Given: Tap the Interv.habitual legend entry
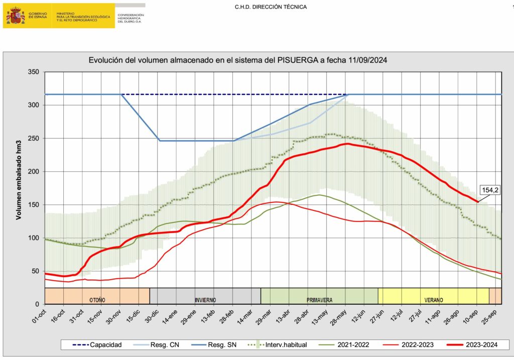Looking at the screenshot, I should pyautogui.click(x=284, y=345).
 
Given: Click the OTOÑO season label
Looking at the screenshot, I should pyautogui.click(x=97, y=300).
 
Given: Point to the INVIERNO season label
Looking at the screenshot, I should pyautogui.click(x=205, y=300).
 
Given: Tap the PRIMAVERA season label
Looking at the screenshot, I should pyautogui.click(x=319, y=300).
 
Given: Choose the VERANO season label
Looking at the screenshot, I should pyautogui.click(x=433, y=300).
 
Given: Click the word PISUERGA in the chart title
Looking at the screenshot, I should pyautogui.click(x=297, y=60).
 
